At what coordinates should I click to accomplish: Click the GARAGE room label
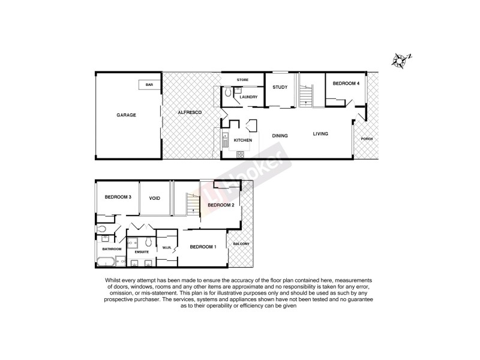coord(126,115)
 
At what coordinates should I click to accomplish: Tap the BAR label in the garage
coord(149,85)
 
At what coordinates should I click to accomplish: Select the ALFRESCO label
coord(189,113)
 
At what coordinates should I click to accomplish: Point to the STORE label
coord(242,80)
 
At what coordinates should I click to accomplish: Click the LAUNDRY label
coord(248,97)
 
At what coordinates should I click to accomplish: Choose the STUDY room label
coord(280,88)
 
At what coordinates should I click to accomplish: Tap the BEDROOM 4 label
coord(346,83)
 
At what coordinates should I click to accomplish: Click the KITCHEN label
coord(242,140)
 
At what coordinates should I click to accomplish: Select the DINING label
coord(280,136)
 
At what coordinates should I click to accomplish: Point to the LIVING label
coord(320,134)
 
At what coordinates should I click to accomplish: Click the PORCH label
coord(367,139)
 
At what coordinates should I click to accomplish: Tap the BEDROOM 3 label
coord(118,197)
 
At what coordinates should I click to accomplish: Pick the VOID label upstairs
coord(155,197)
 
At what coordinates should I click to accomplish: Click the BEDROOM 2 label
coord(221,205)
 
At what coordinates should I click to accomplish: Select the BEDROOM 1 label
coord(203,247)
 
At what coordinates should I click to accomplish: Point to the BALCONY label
coord(242,244)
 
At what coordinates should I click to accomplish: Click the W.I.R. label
coord(167,247)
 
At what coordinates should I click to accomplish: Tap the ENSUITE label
coord(142,252)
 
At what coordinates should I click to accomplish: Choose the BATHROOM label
coord(112,249)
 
